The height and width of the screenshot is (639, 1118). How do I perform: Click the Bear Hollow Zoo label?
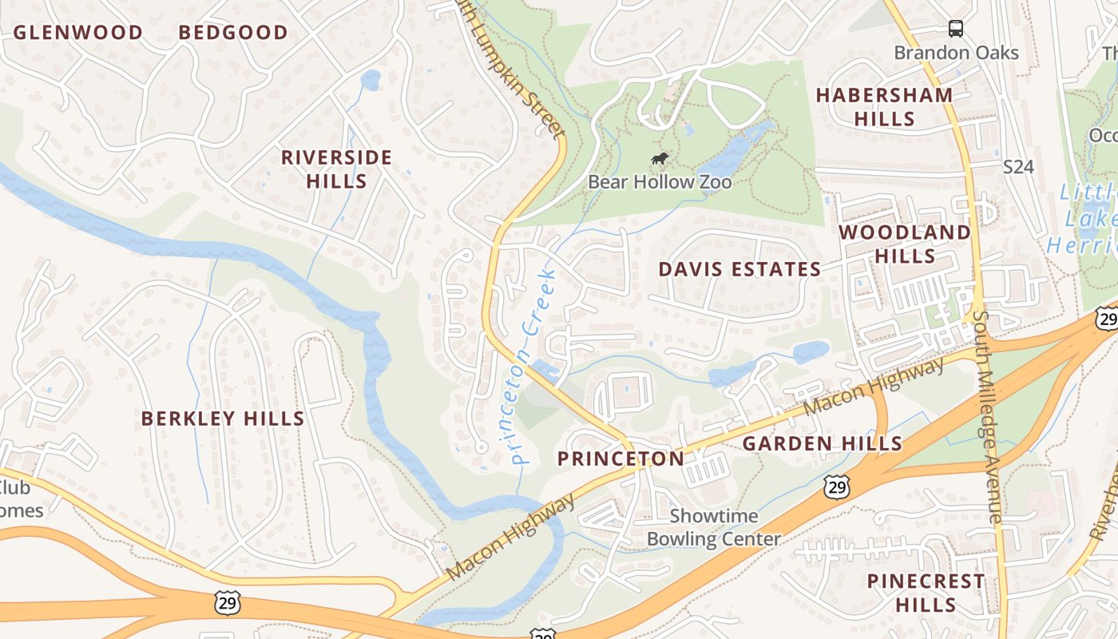click(660, 182)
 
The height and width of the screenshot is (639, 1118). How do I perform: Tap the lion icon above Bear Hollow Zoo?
click(660, 159)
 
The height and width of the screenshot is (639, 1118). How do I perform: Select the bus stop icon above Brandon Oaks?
click(956, 29)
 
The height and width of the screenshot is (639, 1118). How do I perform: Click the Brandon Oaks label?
click(956, 53)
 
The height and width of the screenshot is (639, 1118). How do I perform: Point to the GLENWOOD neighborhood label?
click(78, 33)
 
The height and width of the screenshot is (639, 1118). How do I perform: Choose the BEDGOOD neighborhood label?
click(233, 33)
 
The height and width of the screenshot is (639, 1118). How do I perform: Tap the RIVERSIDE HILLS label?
click(336, 169)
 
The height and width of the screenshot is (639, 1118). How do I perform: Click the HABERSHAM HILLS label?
click(884, 107)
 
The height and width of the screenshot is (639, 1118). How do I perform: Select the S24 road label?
click(1018, 167)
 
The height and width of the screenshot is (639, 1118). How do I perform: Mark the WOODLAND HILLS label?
click(905, 244)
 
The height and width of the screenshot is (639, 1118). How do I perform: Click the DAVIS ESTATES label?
click(739, 270)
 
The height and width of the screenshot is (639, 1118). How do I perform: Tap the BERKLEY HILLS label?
click(223, 419)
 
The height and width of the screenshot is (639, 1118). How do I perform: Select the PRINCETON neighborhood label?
click(620, 459)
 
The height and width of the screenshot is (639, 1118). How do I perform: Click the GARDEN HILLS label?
click(823, 444)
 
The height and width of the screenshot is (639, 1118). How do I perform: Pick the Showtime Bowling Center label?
click(713, 527)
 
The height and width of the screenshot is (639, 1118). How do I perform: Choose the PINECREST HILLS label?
click(926, 593)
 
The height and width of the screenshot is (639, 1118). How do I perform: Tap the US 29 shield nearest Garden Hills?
click(838, 486)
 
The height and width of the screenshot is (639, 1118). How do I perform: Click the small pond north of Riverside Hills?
click(371, 80)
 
